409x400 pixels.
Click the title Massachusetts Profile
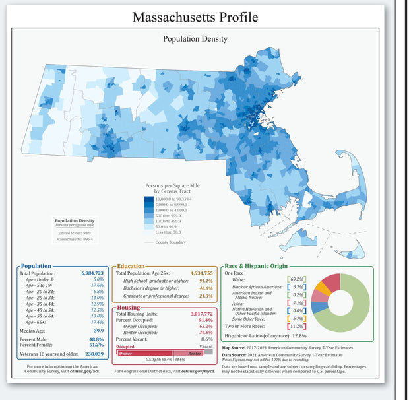coord(194,17)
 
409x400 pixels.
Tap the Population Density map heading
coord(195,39)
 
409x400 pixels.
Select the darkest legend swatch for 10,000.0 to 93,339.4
coord(149,199)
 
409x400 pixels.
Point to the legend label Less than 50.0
coord(168,232)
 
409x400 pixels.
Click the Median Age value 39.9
coord(97,330)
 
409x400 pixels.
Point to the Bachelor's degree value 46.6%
coord(205,288)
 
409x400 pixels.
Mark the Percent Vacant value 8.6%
coord(206,339)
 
